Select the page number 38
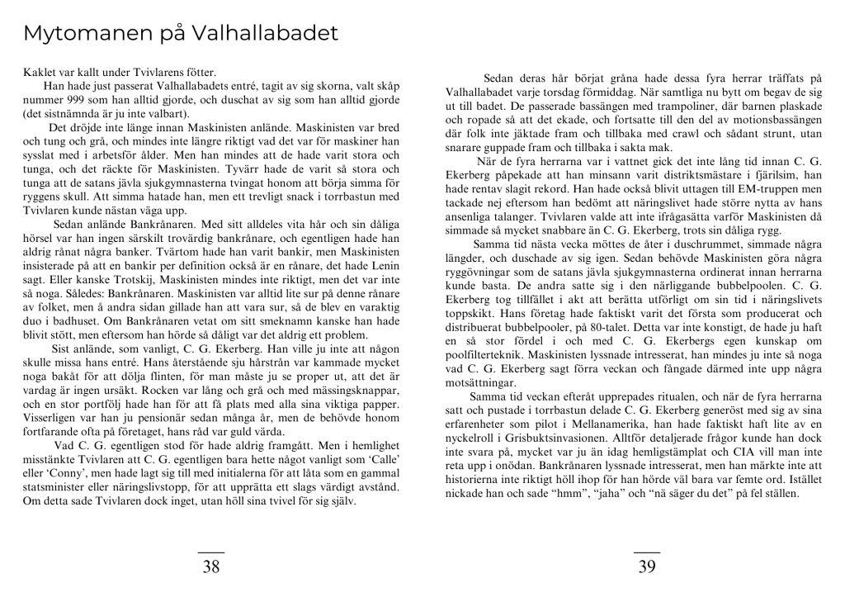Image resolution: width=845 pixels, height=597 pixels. [x=211, y=566]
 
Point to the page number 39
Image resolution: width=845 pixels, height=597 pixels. [x=647, y=566]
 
